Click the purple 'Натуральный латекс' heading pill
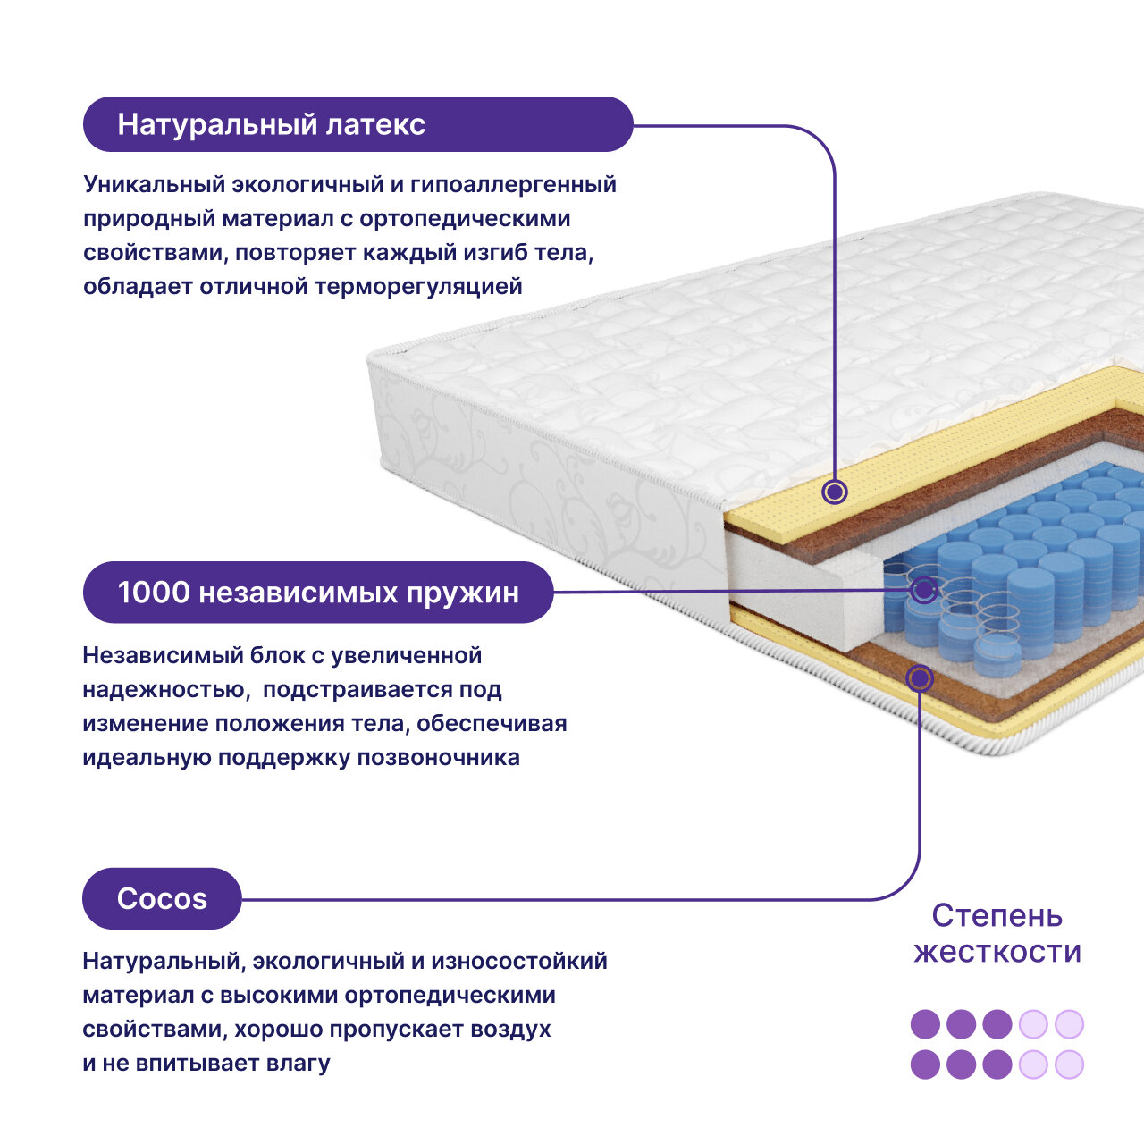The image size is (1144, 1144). point(357,124)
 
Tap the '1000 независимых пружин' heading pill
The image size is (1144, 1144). point(318,593)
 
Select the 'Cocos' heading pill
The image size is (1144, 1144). point(162,898)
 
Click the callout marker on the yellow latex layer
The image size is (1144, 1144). point(835,491)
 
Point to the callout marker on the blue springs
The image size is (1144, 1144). point(924,589)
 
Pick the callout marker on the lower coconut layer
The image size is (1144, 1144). point(919,678)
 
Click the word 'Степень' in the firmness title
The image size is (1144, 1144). point(997,915)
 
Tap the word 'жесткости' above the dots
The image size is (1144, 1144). point(997,952)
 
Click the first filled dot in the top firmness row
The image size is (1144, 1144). point(925,1024)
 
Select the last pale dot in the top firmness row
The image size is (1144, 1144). point(1069,1024)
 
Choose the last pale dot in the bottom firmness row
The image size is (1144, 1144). point(1069,1064)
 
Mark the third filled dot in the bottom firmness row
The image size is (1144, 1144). point(997,1064)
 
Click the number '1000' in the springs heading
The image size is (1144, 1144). point(154,593)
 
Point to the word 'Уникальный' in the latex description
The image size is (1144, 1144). point(153,185)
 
